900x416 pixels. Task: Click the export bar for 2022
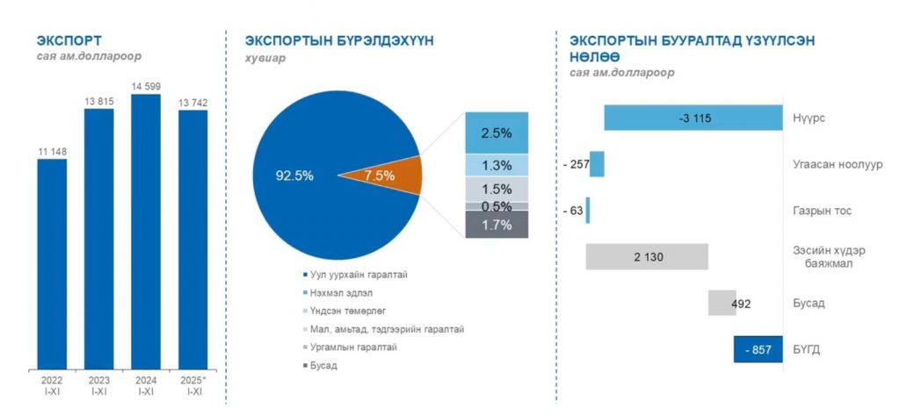[x=52, y=263]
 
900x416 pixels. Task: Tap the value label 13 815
[x=98, y=102]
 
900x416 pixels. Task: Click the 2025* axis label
[x=193, y=381]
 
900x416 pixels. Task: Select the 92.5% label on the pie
[x=294, y=176]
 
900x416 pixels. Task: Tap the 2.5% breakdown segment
[x=497, y=133]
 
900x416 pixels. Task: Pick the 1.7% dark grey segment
[x=497, y=225]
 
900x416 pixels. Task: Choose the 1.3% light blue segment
[x=497, y=166]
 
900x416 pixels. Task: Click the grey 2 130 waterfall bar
[x=647, y=256]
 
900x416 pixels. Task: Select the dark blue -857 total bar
[x=758, y=348]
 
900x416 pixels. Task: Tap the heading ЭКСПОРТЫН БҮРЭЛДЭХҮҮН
[x=339, y=41]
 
